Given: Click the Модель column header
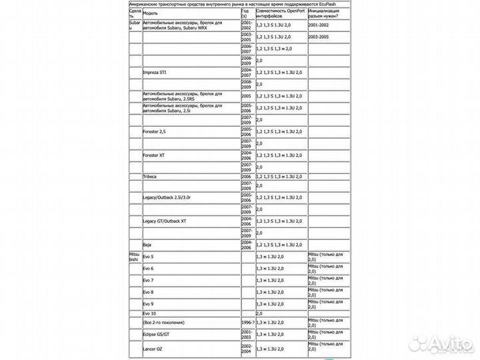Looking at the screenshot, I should [151, 13].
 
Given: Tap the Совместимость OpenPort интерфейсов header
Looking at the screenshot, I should [279, 13].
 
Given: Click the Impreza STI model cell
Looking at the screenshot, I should [155, 71].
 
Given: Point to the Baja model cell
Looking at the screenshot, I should [148, 246].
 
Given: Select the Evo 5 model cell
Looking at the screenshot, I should [149, 257].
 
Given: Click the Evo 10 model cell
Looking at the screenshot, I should [149, 313].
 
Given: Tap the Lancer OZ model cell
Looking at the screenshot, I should [154, 349].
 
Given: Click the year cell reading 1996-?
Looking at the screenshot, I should [247, 322].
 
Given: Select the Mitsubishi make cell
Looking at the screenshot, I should [134, 257].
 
